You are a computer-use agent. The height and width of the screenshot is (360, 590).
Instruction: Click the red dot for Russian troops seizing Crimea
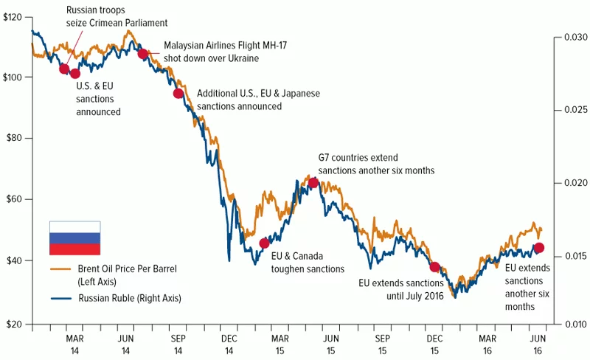pyautogui.click(x=64, y=69)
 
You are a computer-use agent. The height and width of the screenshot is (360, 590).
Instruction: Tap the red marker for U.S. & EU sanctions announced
pyautogui.click(x=74, y=73)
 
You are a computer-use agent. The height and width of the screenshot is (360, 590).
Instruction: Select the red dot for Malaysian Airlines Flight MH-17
pyautogui.click(x=142, y=54)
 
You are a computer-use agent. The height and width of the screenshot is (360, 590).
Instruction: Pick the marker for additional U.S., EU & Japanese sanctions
pyautogui.click(x=178, y=93)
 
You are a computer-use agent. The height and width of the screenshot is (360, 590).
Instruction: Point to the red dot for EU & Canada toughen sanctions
pyautogui.click(x=265, y=243)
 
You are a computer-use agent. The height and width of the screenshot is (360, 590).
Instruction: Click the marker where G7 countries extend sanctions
pyautogui.click(x=313, y=182)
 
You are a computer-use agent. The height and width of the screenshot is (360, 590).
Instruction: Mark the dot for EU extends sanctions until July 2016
pyautogui.click(x=434, y=267)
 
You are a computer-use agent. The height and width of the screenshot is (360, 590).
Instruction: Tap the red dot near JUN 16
pyautogui.click(x=539, y=248)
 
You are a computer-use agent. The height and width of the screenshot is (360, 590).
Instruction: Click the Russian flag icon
pyautogui.click(x=74, y=238)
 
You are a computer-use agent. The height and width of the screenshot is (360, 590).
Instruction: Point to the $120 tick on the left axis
pyautogui.click(x=16, y=15)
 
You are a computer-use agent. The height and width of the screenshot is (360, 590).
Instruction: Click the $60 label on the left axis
pyautogui.click(x=16, y=199)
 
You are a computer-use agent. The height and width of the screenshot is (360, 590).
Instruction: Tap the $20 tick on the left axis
pyautogui.click(x=16, y=323)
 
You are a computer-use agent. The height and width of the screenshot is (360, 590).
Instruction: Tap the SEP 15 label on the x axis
pyautogui.click(x=382, y=339)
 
